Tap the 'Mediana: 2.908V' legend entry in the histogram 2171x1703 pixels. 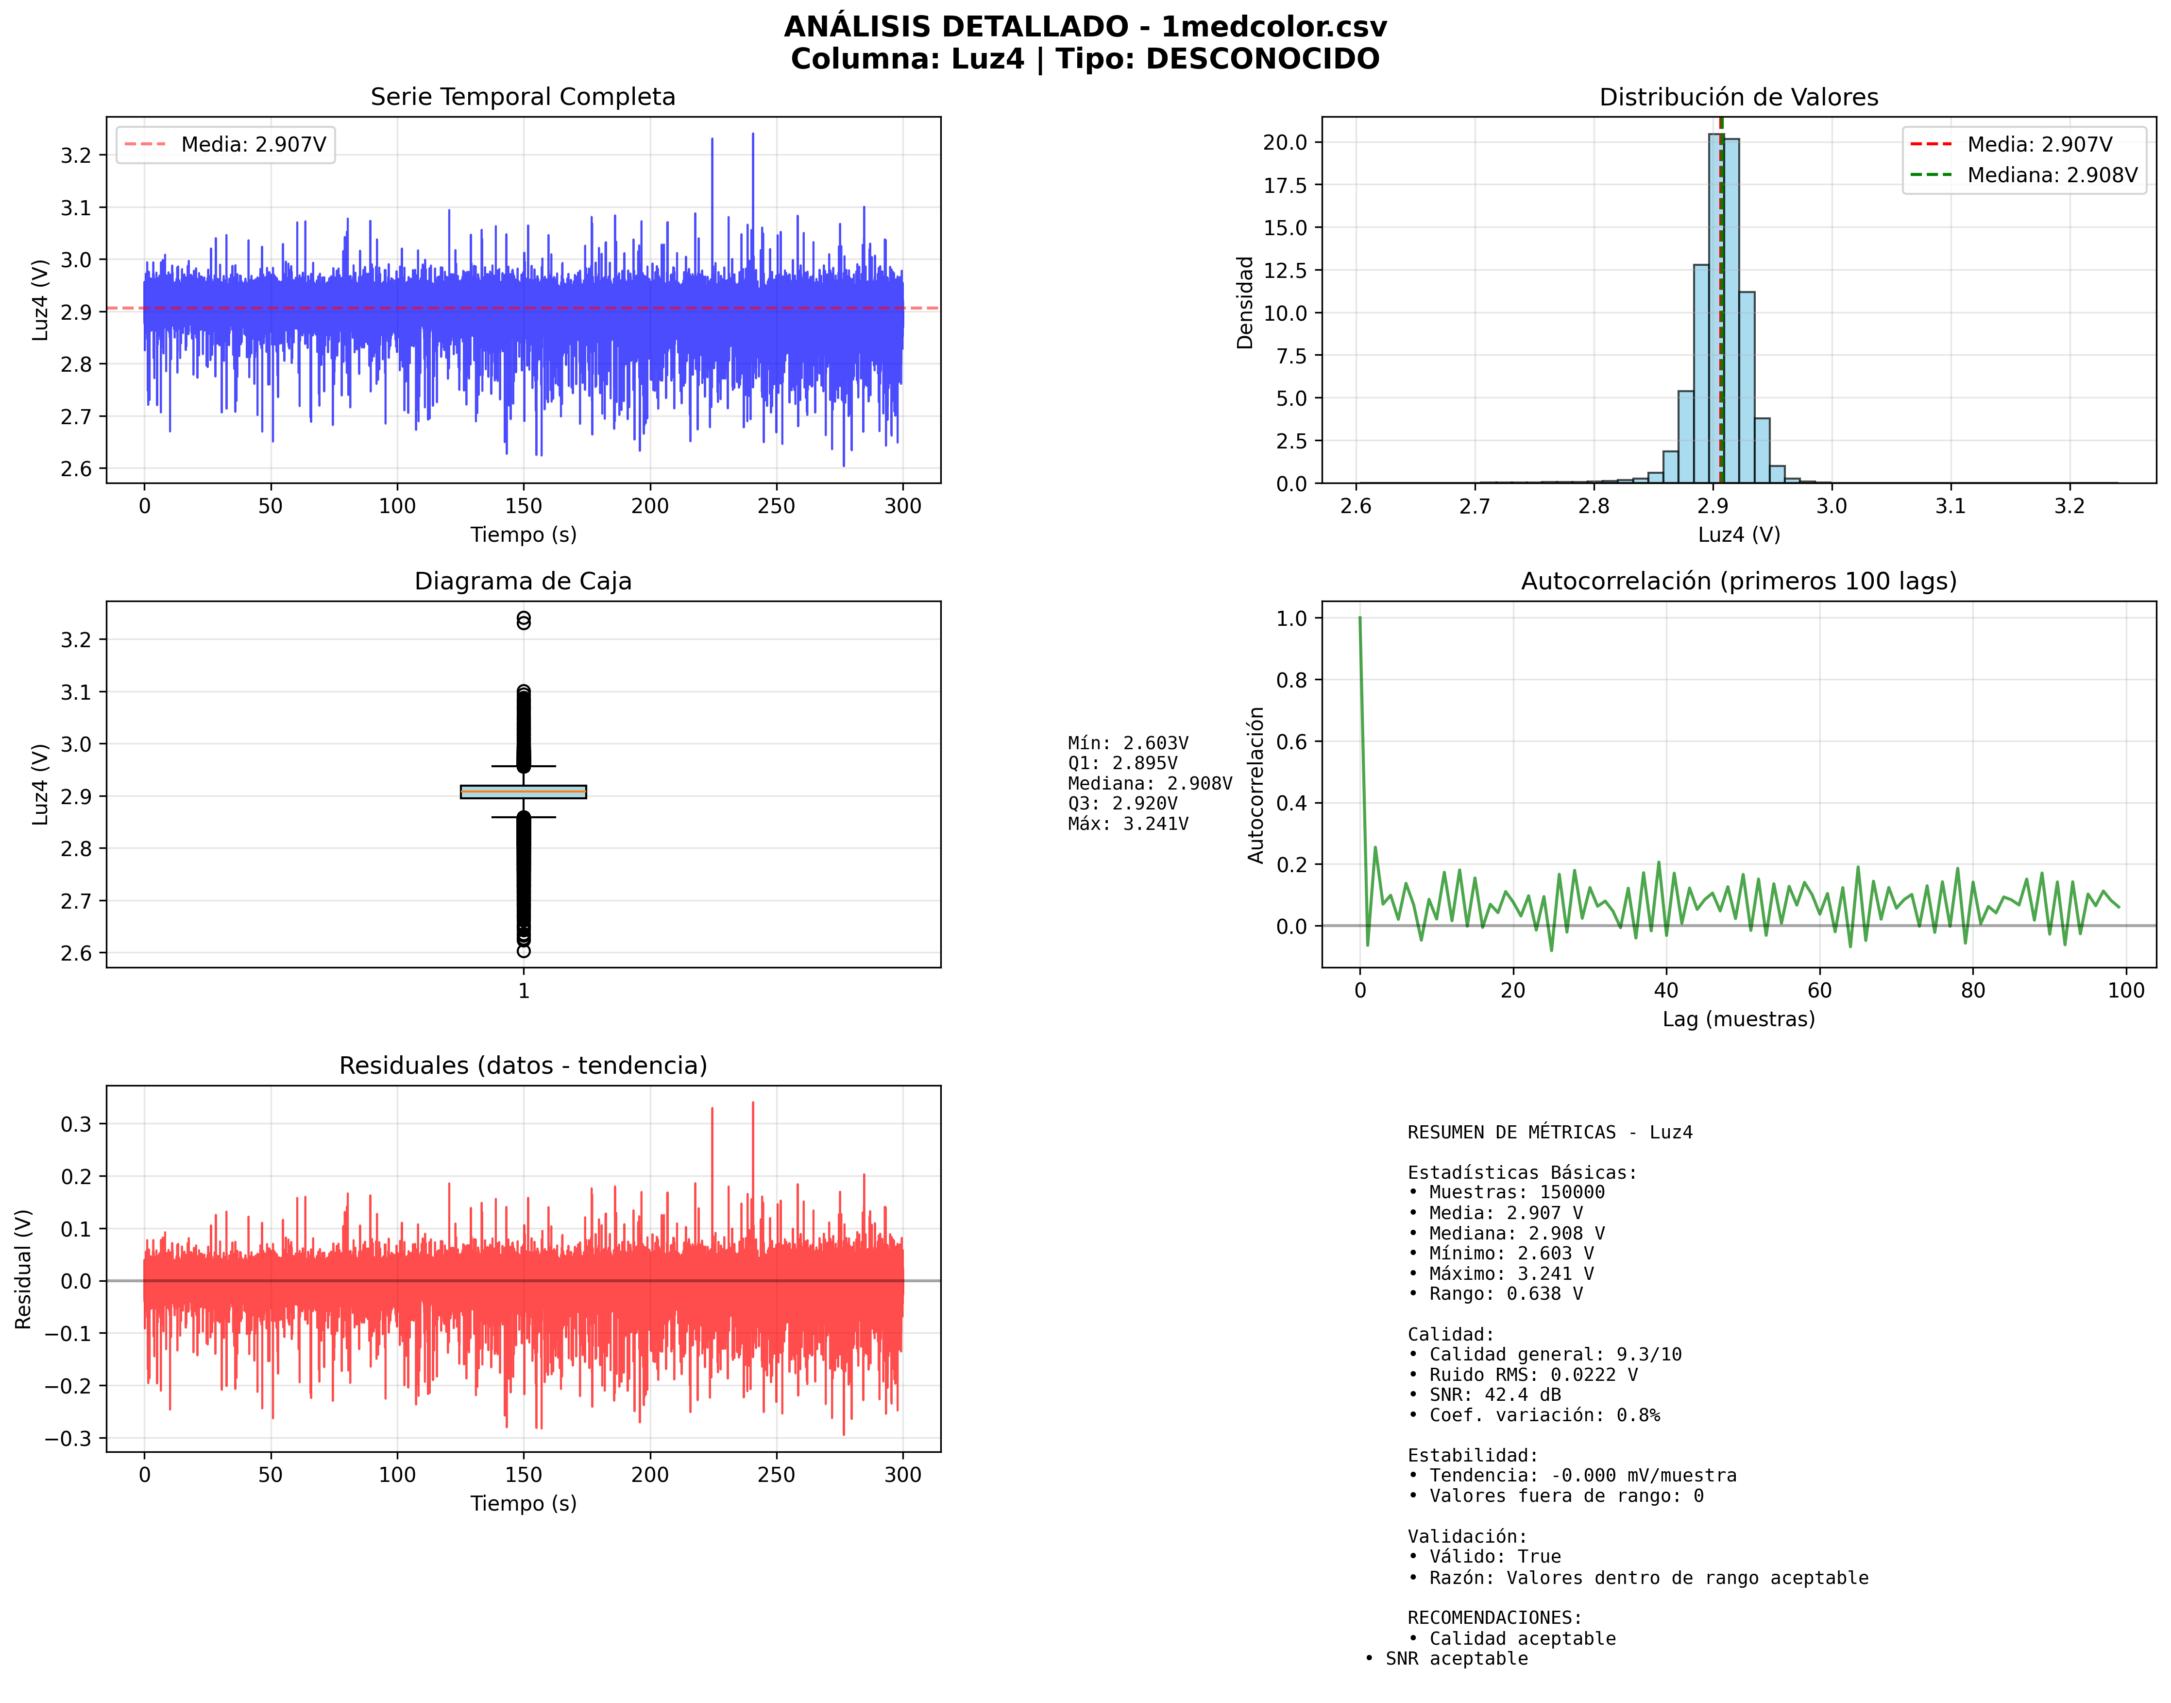(2052, 175)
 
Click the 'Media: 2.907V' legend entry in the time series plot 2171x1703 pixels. (253, 145)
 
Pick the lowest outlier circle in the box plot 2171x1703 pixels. (523, 951)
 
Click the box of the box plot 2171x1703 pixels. (523, 791)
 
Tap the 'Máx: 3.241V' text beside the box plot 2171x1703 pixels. (1127, 824)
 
